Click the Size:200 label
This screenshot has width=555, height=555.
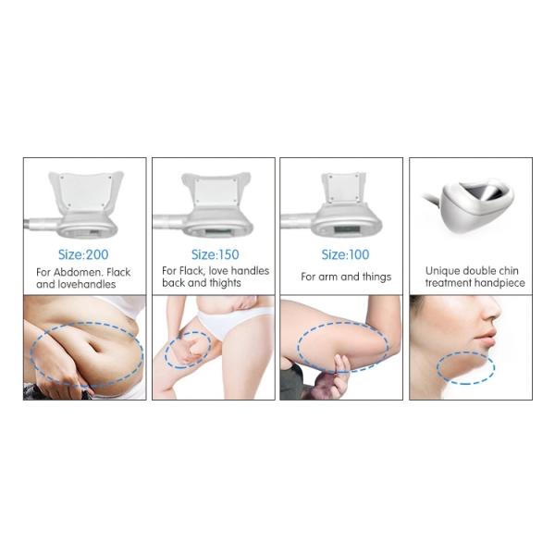click(83, 254)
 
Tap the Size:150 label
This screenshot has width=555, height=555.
click(215, 254)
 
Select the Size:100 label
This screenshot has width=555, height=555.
click(345, 254)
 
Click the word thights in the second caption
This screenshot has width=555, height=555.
click(225, 283)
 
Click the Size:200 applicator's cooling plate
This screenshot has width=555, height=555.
click(86, 191)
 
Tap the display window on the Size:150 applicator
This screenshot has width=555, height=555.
click(218, 232)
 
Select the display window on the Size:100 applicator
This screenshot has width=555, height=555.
click(347, 229)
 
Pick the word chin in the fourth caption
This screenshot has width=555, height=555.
click(509, 271)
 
